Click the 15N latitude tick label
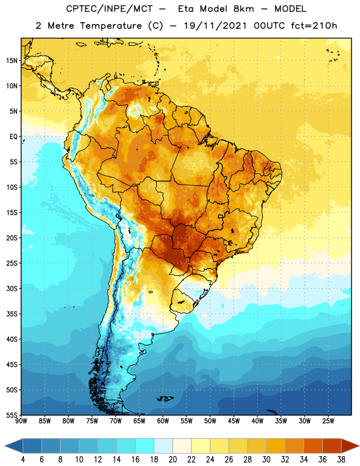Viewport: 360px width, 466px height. click(12, 61)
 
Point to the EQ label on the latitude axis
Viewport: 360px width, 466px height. click(13, 137)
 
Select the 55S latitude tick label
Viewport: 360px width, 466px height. click(12, 415)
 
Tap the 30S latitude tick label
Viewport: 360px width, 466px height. click(12, 288)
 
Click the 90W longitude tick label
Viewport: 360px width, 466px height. click(21, 421)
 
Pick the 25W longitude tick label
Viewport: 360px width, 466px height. click(328, 421)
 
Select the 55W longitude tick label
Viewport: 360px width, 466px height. click(186, 421)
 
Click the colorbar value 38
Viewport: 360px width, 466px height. click(341, 460)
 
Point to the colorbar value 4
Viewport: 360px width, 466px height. click(23, 460)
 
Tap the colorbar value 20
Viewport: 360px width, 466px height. click(172, 460)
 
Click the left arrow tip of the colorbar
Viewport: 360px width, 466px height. click(5, 446)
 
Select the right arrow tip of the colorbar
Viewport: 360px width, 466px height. click(359, 446)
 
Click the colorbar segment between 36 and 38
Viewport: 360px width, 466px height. click(332, 446)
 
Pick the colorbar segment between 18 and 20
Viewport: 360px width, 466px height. click(163, 446)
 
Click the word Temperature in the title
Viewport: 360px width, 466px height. click(111, 26)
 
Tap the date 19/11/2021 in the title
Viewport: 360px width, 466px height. click(215, 26)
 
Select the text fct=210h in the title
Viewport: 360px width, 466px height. click(314, 26)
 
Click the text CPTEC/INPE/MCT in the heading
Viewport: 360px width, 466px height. click(109, 9)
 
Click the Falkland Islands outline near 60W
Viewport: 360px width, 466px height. click(165, 398)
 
